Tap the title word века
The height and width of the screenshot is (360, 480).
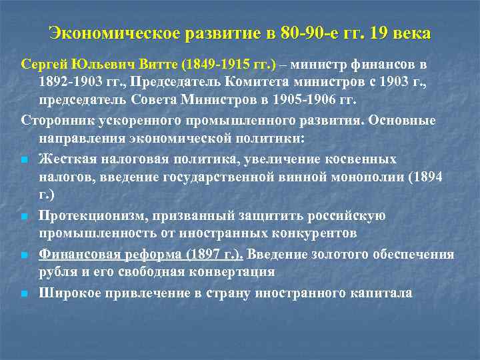point(409,33)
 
